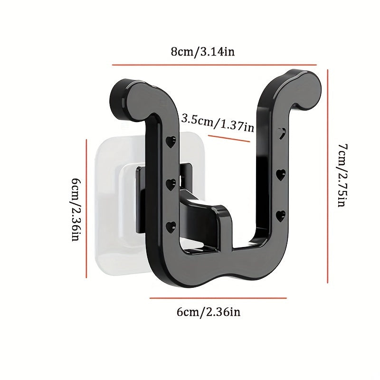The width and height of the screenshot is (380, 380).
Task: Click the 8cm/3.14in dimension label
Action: click(203, 52)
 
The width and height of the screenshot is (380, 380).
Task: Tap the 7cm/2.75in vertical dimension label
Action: click(343, 175)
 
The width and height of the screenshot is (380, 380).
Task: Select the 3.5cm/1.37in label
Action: click(218, 123)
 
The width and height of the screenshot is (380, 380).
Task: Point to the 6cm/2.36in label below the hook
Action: click(209, 312)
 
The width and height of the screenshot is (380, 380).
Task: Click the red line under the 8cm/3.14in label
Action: click(214, 65)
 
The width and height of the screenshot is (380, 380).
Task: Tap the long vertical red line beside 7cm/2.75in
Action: click(328, 176)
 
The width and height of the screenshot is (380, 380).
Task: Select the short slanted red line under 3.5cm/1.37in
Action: click(229, 139)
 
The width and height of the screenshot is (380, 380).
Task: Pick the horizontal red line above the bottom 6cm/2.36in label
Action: click(218, 298)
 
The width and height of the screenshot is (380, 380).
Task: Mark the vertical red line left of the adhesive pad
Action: click(86, 209)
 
